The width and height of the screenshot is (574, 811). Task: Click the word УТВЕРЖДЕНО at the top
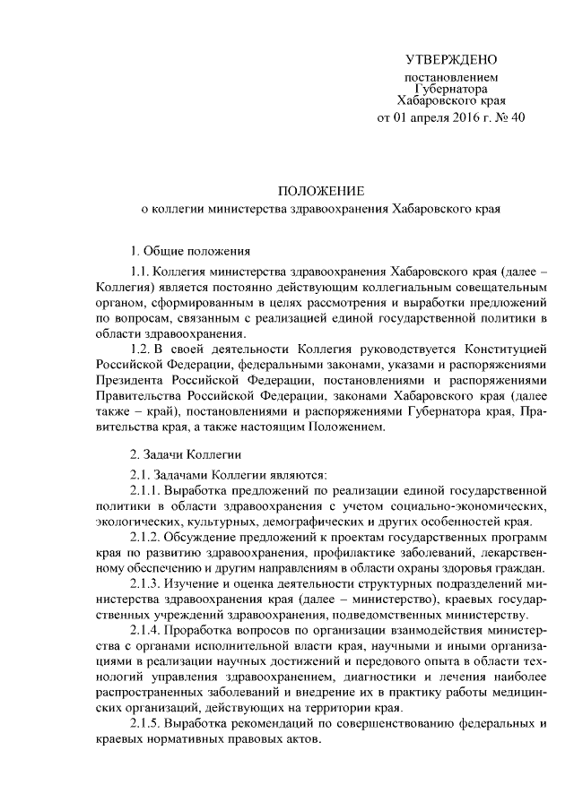pos(450,60)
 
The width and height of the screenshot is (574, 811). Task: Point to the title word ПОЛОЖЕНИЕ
pos(319,191)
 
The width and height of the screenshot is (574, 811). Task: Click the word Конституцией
pos(503,347)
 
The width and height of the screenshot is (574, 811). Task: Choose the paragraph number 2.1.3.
pos(148,583)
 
